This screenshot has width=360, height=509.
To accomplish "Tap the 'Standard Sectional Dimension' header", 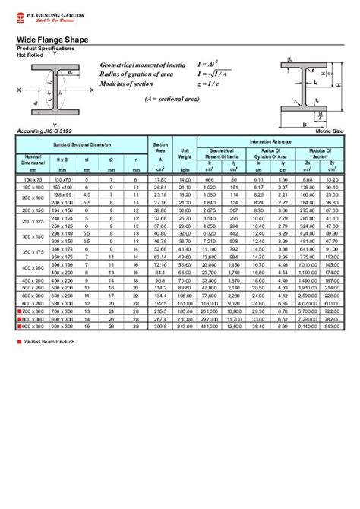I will point(82,144).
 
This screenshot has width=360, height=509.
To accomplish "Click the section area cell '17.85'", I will point(160,179).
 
